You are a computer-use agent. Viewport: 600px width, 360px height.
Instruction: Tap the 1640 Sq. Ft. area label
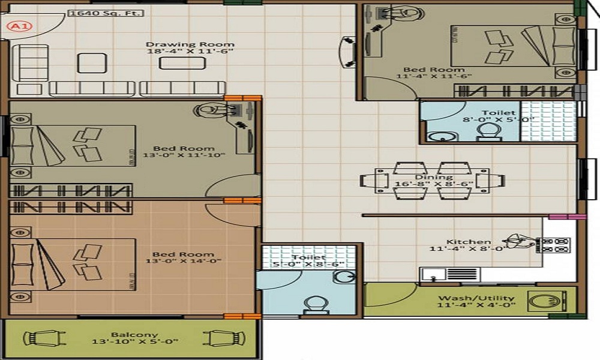pyautogui.click(x=106, y=13)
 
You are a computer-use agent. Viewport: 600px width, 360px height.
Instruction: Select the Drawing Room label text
pyautogui.click(x=190, y=44)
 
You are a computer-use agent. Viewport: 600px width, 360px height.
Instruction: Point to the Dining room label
pyautogui.click(x=434, y=177)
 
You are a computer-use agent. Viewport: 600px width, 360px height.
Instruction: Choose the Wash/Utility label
pyautogui.click(x=476, y=298)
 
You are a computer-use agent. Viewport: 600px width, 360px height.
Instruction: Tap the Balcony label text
pyautogui.click(x=134, y=334)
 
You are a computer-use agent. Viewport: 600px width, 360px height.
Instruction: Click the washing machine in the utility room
pyautogui.click(x=547, y=301)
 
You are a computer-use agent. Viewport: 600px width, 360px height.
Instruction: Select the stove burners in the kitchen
pyautogui.click(x=553, y=245)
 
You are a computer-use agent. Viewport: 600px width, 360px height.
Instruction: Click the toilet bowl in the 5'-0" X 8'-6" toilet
pyautogui.click(x=316, y=305)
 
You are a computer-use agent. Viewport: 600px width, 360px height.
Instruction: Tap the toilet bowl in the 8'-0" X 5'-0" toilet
pyautogui.click(x=488, y=133)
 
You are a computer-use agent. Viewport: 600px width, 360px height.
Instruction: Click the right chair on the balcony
pyautogui.click(x=224, y=338)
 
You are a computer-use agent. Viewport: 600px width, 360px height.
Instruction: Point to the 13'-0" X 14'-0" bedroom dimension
pyautogui.click(x=184, y=261)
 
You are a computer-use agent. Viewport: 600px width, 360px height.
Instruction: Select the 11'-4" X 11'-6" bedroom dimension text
pyautogui.click(x=434, y=76)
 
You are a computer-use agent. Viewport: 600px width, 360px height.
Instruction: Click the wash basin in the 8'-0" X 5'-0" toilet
pyautogui.click(x=442, y=136)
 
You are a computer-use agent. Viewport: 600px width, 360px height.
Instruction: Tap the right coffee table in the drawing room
pyautogui.click(x=182, y=63)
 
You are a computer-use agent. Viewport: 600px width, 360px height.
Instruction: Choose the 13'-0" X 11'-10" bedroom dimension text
pyautogui.click(x=184, y=155)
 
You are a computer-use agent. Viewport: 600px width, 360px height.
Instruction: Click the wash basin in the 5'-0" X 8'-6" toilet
pyautogui.click(x=344, y=277)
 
